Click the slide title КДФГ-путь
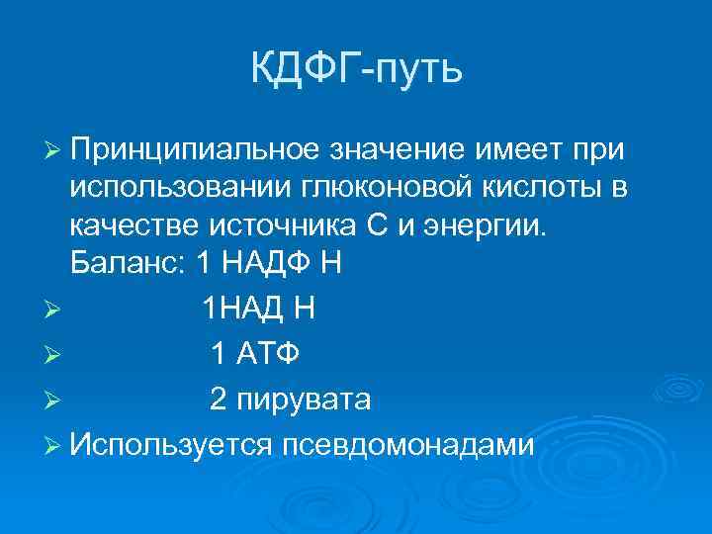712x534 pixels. [x=356, y=70]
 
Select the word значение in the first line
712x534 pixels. [x=379, y=149]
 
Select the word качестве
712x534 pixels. [x=133, y=226]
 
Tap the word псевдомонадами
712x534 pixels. [x=408, y=445]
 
